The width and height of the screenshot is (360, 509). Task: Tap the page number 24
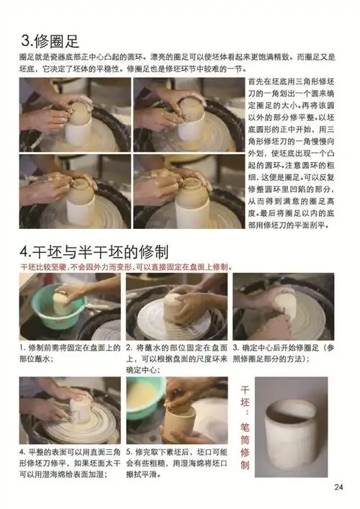[339, 487]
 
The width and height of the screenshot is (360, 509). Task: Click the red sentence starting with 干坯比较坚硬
[126, 266]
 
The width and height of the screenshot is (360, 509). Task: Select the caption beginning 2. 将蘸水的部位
[176, 357]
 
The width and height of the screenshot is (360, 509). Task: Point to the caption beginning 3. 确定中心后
[283, 352]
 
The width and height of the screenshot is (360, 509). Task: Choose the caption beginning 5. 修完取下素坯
[176, 462]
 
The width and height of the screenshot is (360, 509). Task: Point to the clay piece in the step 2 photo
[174, 307]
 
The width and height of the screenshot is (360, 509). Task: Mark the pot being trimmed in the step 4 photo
[80, 410]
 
